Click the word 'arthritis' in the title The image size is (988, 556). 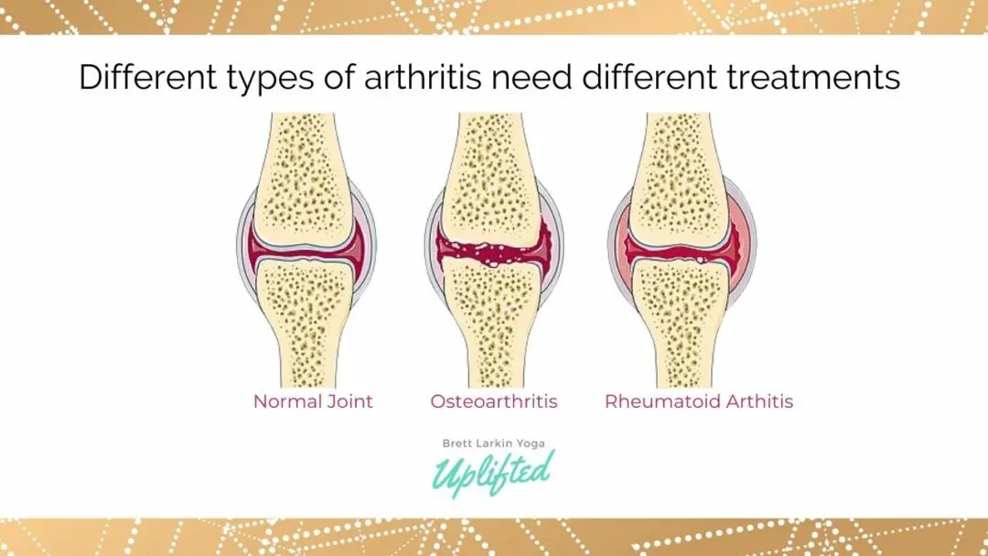coord(424,79)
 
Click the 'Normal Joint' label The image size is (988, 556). coord(313,401)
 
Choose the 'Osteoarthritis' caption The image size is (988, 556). coord(494,401)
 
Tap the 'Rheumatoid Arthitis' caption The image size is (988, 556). coord(699,401)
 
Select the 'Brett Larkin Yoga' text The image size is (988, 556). coord(494,443)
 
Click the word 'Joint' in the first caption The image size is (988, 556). coord(349,401)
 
